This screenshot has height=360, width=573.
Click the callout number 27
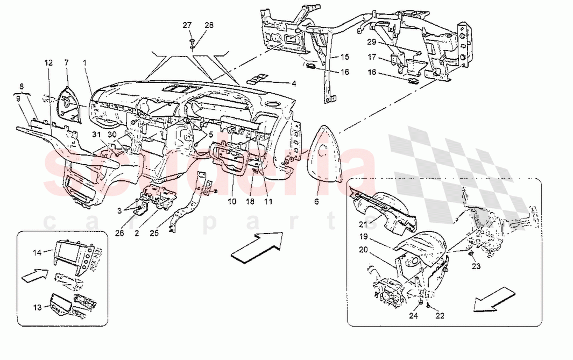click(187, 26)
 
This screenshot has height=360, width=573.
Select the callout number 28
click(209, 26)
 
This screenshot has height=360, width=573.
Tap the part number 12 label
click(48, 63)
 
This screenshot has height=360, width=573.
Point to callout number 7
click(67, 63)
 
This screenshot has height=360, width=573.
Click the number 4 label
click(294, 83)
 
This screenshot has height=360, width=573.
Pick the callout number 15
click(344, 56)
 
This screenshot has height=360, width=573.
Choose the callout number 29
click(372, 41)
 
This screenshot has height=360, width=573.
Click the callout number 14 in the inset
click(37, 252)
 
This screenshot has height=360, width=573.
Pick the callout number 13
click(37, 307)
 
